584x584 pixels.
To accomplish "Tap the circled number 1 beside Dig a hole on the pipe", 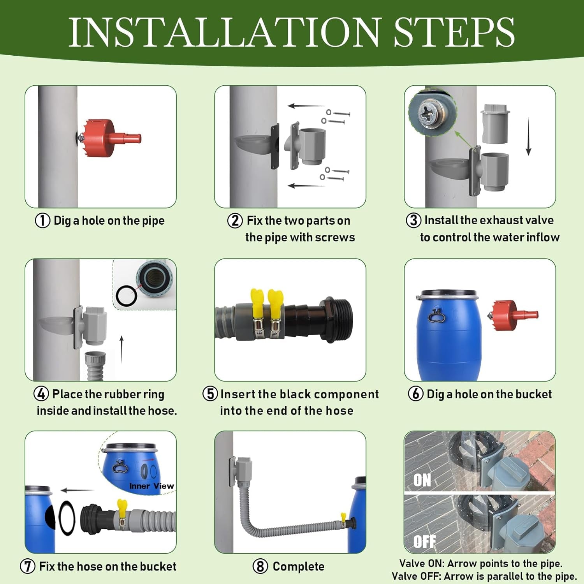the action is [42, 221].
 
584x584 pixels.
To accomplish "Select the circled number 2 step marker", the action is [235, 221].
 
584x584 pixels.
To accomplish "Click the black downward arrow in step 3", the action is [528, 136].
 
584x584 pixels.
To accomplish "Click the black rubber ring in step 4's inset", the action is [127, 296].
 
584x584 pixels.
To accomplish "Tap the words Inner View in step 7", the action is [151, 486].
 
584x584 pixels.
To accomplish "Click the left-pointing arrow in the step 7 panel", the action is [77, 490].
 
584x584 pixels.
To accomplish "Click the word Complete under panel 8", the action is [299, 566].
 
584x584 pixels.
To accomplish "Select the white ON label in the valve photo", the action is [422, 480].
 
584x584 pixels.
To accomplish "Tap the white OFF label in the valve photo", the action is [424, 542].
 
